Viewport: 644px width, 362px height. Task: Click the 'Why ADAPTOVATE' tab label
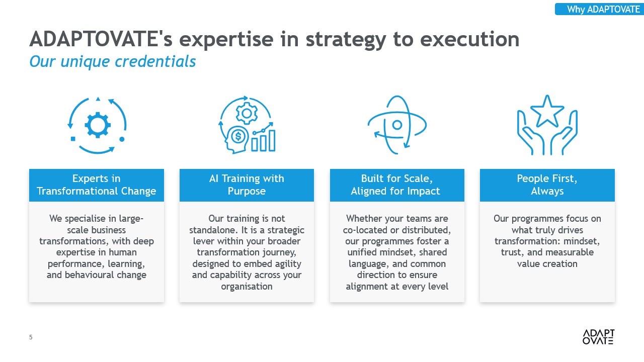click(x=603, y=9)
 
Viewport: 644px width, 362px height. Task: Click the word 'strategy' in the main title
click(x=346, y=40)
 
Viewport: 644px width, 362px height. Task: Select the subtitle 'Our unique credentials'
click(x=112, y=61)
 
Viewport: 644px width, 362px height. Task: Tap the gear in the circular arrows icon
click(x=98, y=125)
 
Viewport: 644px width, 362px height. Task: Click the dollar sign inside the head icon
click(x=238, y=136)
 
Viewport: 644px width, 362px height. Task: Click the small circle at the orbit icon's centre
click(x=397, y=125)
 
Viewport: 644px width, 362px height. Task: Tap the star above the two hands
click(x=547, y=112)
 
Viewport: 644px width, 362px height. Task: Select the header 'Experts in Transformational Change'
click(x=96, y=185)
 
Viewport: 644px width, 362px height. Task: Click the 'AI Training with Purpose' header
click(x=247, y=185)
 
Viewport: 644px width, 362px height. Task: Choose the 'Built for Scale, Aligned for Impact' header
click(x=397, y=185)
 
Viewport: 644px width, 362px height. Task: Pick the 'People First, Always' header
click(x=547, y=185)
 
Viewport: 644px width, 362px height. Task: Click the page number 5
click(x=31, y=337)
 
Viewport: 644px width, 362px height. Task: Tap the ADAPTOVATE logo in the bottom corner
click(x=598, y=337)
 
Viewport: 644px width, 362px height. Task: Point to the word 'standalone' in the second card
click(x=212, y=230)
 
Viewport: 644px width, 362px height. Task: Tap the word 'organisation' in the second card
click(x=247, y=287)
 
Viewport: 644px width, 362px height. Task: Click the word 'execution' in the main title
click(x=470, y=39)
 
